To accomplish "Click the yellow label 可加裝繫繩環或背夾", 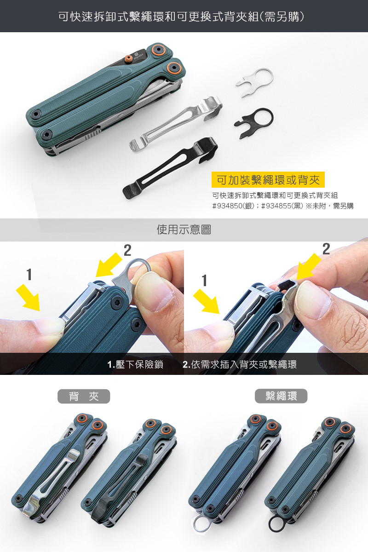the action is [x=268, y=180].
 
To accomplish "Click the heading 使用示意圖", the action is [x=184, y=230].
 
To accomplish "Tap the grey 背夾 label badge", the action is [x=84, y=396].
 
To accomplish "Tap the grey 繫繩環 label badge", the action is [x=281, y=396].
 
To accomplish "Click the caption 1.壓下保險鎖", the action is [x=135, y=364].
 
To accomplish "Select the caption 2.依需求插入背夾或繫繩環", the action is [x=240, y=364].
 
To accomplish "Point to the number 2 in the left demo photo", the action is [x=127, y=251].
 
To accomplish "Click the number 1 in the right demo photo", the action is [x=204, y=281].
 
